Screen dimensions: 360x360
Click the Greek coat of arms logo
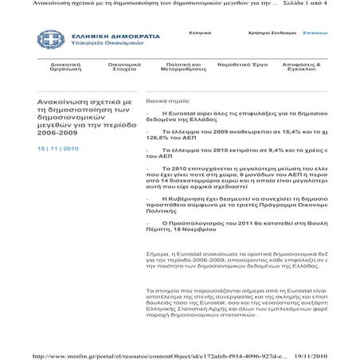[46, 39]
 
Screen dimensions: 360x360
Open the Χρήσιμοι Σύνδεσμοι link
[272, 33]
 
